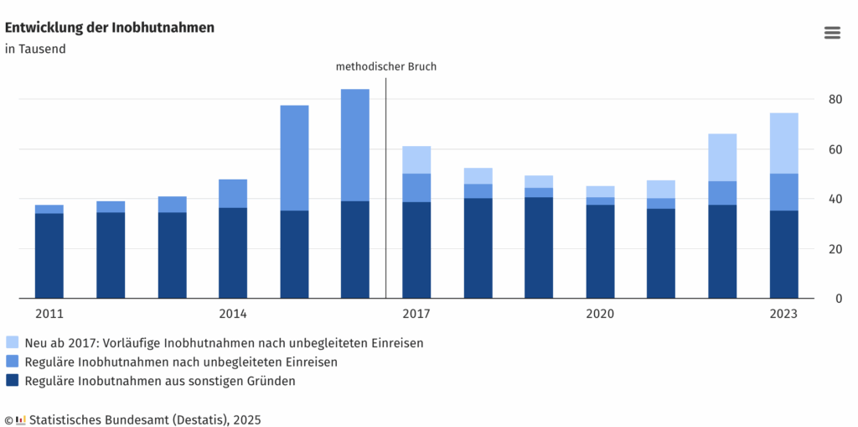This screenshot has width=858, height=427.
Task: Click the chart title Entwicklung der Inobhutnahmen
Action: coord(110,28)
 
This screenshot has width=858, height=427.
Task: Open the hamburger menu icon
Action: coord(832,33)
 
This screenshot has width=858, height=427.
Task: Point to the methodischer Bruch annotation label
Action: coord(386,66)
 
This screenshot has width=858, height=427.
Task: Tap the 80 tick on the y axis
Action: coord(835,100)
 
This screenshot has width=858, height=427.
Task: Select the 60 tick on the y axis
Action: coord(835,149)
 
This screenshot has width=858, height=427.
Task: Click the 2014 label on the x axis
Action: coord(233,315)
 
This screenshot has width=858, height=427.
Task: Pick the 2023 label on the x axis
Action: coord(783,315)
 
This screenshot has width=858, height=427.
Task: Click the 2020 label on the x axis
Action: coord(600,315)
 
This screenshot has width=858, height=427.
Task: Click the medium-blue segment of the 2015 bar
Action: coord(294,158)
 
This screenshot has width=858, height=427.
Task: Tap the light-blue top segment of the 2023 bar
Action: coord(784,143)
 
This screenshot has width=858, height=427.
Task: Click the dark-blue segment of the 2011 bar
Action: coord(49,256)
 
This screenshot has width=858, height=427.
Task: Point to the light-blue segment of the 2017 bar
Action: coord(416,159)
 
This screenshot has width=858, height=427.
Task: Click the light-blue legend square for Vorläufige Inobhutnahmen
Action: coord(12,342)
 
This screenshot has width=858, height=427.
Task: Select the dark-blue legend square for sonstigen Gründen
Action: coord(12,381)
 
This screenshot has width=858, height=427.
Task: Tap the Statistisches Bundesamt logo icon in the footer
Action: coord(21,419)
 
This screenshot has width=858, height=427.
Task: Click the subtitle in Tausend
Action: coord(35,49)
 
